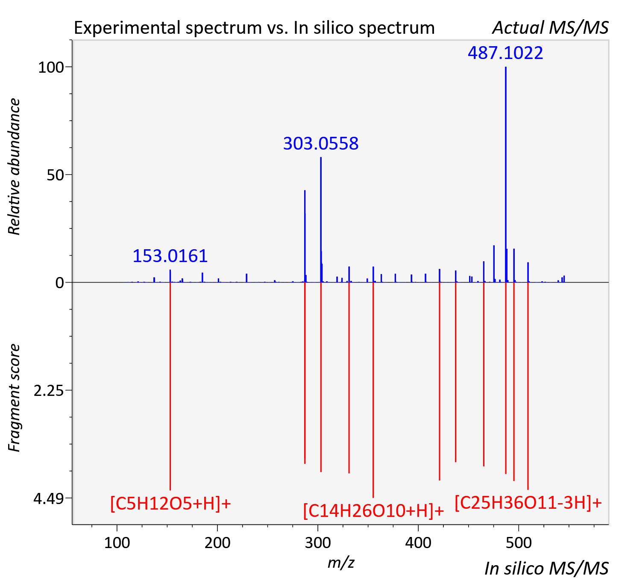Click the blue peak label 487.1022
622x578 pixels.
(505, 53)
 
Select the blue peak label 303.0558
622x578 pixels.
(321, 144)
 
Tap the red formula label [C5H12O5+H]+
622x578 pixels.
(170, 504)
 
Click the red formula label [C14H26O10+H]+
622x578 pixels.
(373, 510)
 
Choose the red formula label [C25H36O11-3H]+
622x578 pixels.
(528, 502)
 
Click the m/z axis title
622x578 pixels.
(341, 563)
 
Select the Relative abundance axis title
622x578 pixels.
(14, 167)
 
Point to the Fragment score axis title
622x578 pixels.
(14, 398)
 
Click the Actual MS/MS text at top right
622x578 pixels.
(551, 28)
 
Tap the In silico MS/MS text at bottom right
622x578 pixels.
(547, 569)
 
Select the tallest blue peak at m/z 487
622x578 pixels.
(505, 174)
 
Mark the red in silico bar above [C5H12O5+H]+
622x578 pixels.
(170, 386)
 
